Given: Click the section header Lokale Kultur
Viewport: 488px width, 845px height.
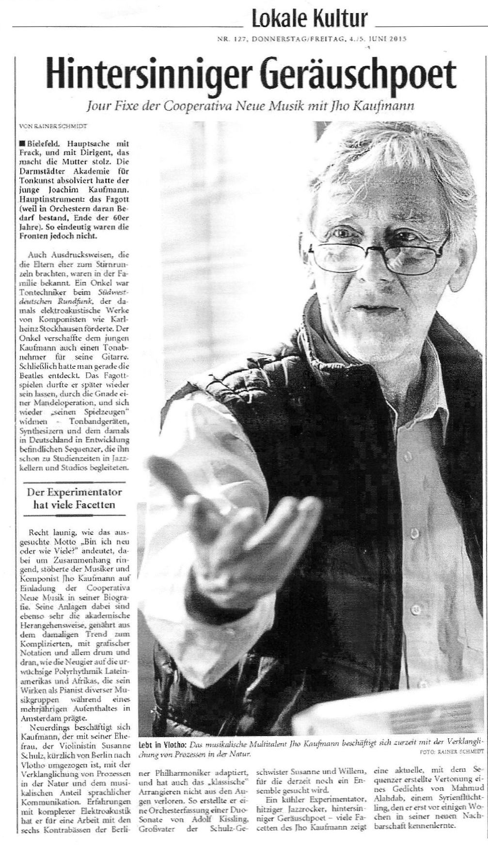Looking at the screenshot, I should click(x=309, y=19).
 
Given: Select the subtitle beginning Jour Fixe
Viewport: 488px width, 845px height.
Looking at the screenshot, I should click(x=250, y=106).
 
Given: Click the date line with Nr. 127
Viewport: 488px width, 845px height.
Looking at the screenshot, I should click(x=312, y=41).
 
